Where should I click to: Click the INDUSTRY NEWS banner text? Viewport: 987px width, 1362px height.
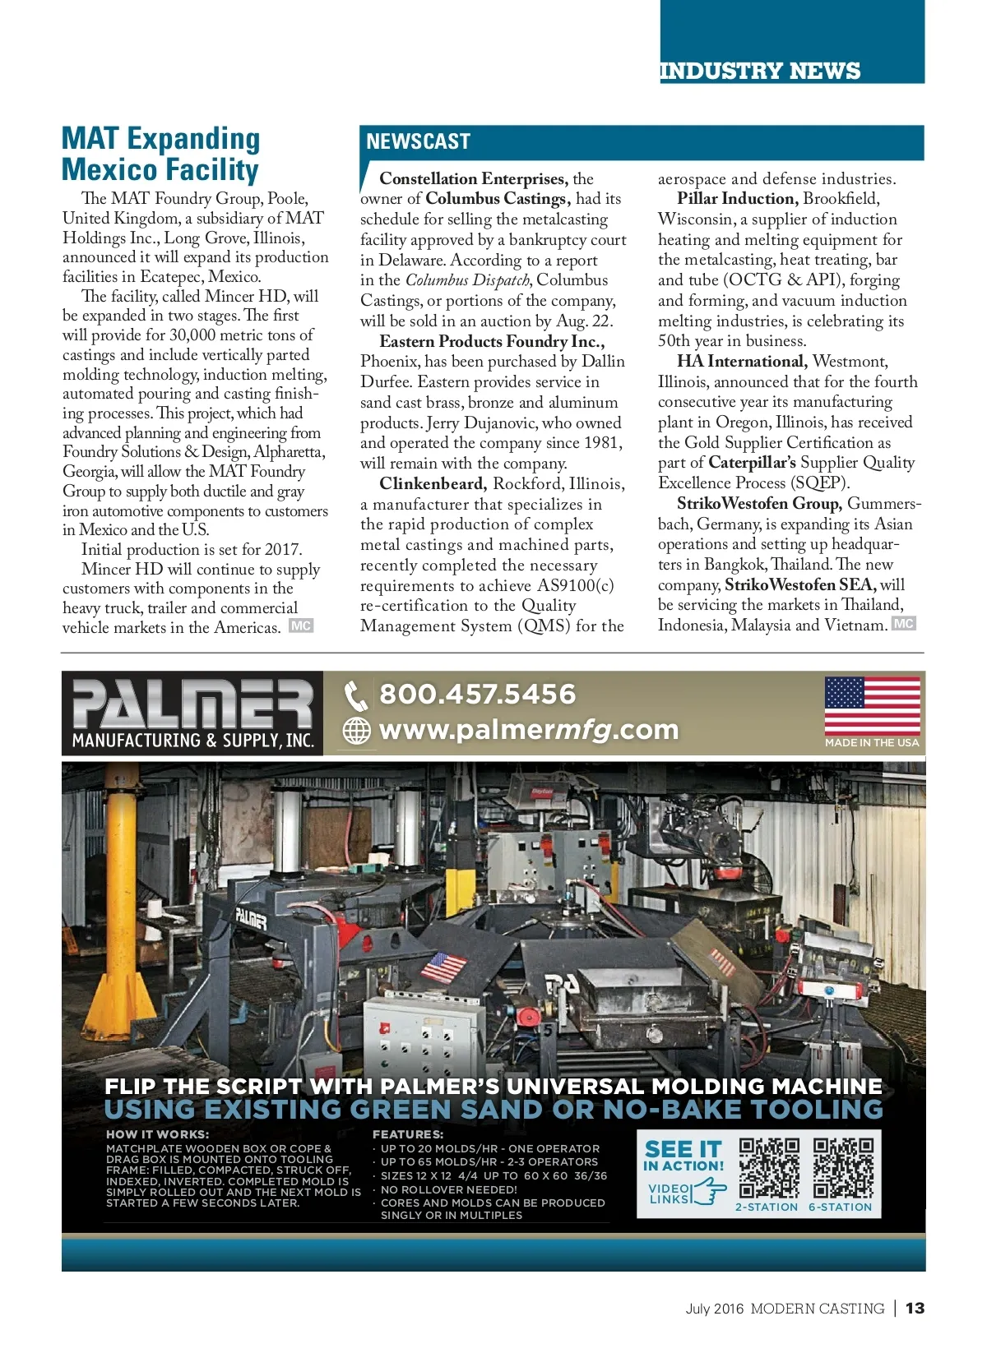[x=759, y=71]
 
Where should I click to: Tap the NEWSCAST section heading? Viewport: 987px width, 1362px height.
[x=418, y=141]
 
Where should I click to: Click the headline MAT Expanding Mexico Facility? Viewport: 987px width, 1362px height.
[x=161, y=154]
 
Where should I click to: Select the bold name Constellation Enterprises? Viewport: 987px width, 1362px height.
[x=473, y=178]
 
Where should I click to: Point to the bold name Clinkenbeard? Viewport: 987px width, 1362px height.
[x=433, y=483]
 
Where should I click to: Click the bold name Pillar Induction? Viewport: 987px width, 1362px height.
[x=737, y=198]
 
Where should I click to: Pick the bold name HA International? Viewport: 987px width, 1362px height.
[x=740, y=361]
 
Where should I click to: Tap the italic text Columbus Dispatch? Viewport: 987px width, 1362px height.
[x=467, y=280]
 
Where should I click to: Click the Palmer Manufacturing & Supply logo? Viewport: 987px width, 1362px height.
[x=192, y=713]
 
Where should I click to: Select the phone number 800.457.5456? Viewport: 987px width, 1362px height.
[x=477, y=694]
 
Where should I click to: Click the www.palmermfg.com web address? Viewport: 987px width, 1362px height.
[x=529, y=729]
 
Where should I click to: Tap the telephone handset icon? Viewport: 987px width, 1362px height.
[x=355, y=695]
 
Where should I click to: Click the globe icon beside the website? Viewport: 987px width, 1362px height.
[x=356, y=730]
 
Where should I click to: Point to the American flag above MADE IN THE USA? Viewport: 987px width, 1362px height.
[x=872, y=705]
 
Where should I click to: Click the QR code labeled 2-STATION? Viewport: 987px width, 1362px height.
[x=768, y=1168]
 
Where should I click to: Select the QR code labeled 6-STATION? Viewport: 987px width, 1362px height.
[x=842, y=1168]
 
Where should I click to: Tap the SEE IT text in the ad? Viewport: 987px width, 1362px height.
[x=683, y=1149]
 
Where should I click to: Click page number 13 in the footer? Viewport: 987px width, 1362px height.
[x=915, y=1308]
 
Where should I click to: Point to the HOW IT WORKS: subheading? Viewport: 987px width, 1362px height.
[x=157, y=1134]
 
